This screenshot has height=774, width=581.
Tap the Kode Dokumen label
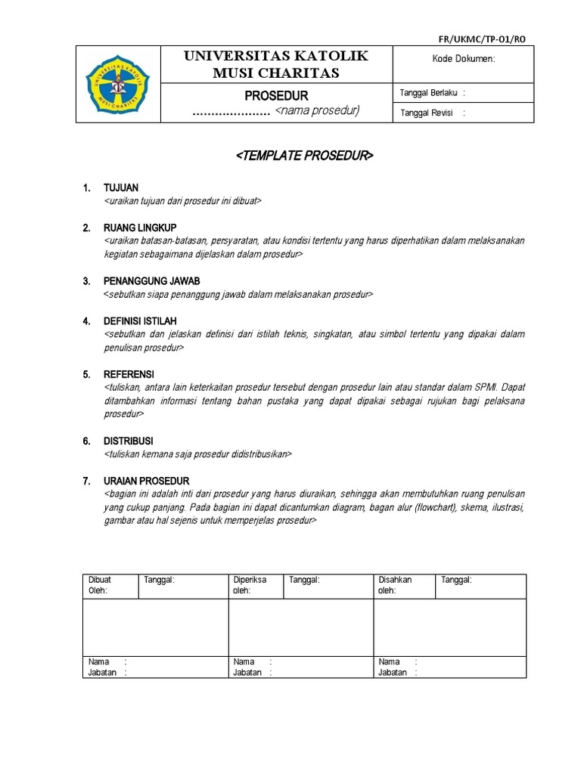click(x=463, y=59)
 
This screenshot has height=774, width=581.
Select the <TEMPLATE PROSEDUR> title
click(x=305, y=156)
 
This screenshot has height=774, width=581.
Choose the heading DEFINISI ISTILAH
click(x=144, y=321)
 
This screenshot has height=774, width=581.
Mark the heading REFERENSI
click(x=129, y=374)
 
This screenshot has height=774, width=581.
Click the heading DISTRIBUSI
click(x=129, y=440)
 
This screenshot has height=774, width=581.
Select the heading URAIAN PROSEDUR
click(x=146, y=481)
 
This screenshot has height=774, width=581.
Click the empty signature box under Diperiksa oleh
click(x=300, y=627)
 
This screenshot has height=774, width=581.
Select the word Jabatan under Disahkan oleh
click(x=393, y=672)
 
